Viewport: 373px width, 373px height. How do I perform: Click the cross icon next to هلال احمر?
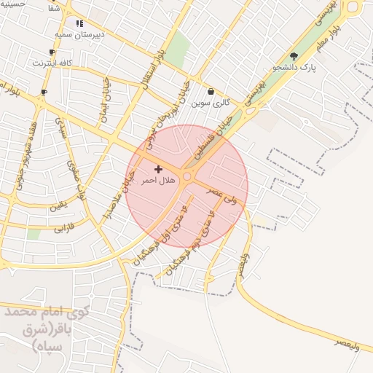(x=158, y=169)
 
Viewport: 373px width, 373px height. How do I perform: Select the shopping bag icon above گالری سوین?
(x=211, y=92)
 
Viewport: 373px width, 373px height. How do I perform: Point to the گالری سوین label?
(x=211, y=103)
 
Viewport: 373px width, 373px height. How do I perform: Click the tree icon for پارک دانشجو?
(x=294, y=56)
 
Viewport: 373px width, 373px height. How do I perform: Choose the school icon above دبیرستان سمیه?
(x=79, y=23)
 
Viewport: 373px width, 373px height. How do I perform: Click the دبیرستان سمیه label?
(x=79, y=34)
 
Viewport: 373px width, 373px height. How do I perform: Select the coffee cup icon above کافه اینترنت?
(x=51, y=52)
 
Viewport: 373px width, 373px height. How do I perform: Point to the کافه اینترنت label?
(x=52, y=63)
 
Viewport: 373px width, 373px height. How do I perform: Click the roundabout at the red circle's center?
(x=187, y=177)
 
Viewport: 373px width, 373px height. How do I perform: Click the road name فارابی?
(x=63, y=228)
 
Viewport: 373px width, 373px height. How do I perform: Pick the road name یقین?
(x=58, y=206)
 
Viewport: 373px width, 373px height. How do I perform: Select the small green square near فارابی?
(x=34, y=235)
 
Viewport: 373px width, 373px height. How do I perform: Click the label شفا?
(x=53, y=9)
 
